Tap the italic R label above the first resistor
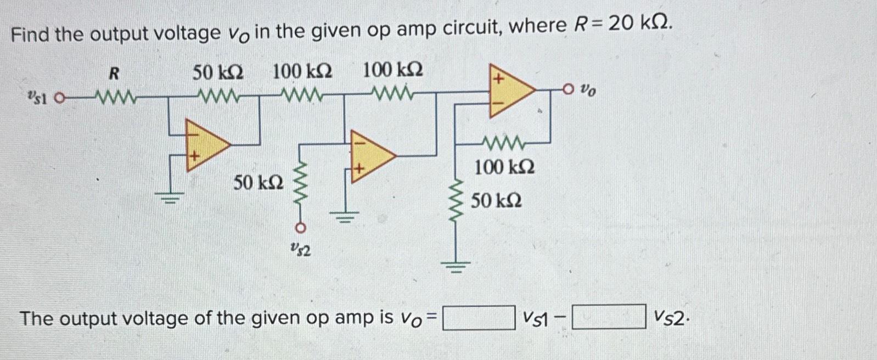pos(114,73)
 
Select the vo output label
pos(587,89)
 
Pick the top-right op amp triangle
pos(509,90)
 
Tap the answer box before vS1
pos(479,318)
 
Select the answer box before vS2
pos(609,317)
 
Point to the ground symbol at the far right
pos(456,268)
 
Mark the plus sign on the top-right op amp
pos(498,79)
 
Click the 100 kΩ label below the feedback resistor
pos(504,167)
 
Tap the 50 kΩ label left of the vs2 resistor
pos(258,182)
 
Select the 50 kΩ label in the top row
pos(218,71)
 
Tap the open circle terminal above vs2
pos(300,227)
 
